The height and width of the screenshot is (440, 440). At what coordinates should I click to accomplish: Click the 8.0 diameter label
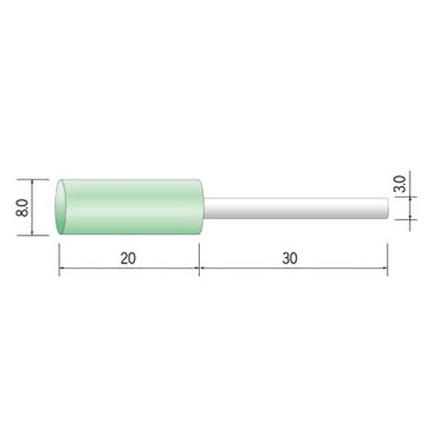click(x=23, y=208)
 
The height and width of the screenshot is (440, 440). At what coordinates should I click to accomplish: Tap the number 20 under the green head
click(x=128, y=259)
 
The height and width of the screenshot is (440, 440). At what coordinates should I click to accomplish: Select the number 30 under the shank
click(x=290, y=259)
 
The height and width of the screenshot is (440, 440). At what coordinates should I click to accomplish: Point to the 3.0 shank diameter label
click(x=400, y=184)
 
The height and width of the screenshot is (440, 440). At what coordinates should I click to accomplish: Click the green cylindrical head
click(x=129, y=207)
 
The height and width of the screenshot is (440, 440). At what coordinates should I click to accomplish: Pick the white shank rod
click(x=297, y=209)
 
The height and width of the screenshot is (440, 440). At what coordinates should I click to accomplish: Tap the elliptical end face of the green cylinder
click(x=61, y=207)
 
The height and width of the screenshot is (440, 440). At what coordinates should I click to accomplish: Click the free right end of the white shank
click(x=388, y=209)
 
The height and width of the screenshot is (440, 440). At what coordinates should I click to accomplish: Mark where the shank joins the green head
click(x=204, y=209)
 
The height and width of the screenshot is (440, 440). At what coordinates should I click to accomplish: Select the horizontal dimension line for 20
click(x=129, y=268)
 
